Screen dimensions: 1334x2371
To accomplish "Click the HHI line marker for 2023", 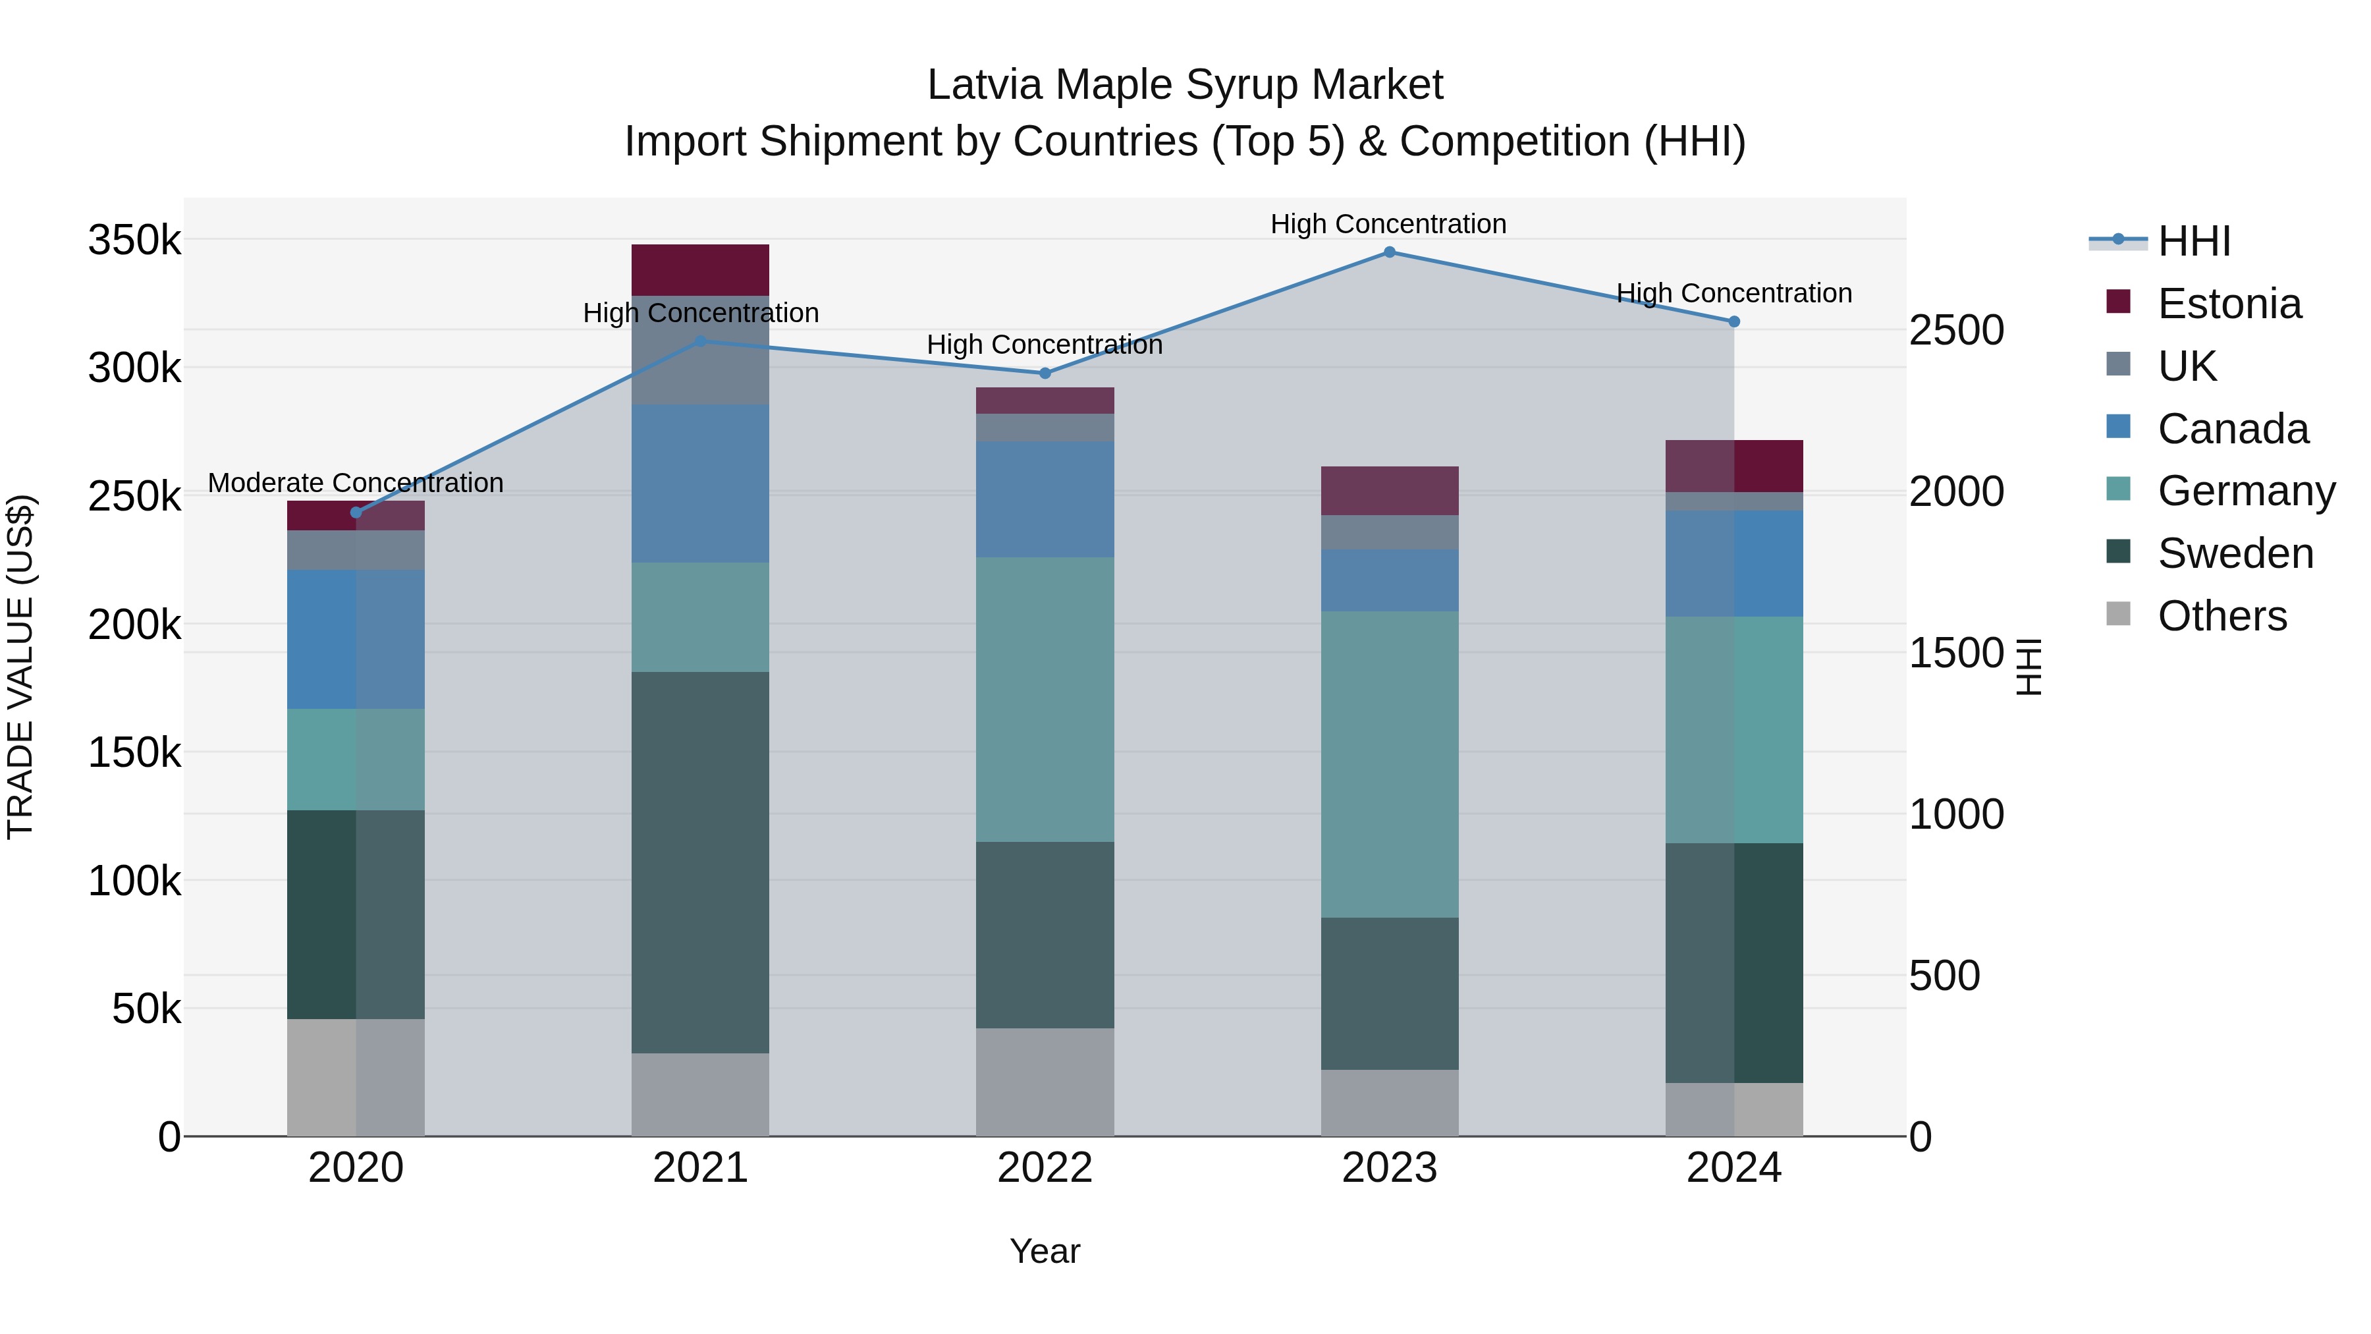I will pos(1389,252).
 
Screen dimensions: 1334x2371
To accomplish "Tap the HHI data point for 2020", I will pos(356,513).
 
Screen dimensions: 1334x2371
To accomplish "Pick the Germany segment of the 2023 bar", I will pos(1389,764).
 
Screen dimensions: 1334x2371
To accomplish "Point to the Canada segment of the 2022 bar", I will pos(1045,499).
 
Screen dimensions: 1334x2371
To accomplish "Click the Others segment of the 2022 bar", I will pos(1045,1082).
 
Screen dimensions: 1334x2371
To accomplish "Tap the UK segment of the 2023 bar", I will pos(1389,532).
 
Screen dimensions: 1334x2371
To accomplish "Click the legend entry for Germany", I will pos(2246,491).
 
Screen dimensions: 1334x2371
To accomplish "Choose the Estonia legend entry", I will pos(2229,304).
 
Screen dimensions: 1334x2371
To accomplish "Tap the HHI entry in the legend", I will pos(2193,241).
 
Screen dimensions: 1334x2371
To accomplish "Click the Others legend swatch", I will pos(2118,614).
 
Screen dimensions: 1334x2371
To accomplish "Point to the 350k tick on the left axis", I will pos(134,240).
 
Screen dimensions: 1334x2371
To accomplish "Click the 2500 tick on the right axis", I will pos(1956,331).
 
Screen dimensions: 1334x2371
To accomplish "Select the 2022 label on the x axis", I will pos(1045,1168).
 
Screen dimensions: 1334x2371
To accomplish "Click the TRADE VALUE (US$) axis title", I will pos(20,667).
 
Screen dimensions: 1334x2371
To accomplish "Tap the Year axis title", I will pos(1045,1251).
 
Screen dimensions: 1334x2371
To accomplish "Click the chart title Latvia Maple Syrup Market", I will pos(1185,85).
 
